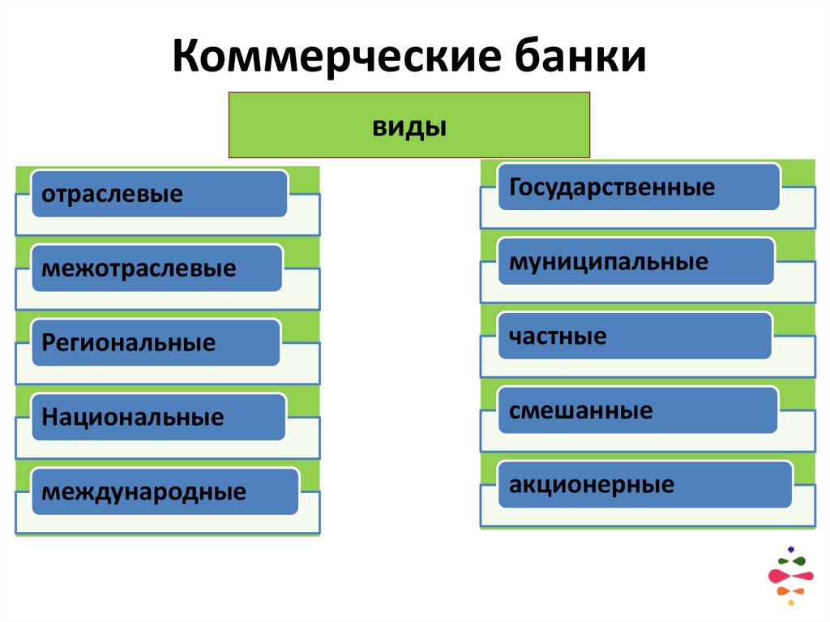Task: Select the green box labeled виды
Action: click(409, 124)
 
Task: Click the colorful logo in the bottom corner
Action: click(789, 577)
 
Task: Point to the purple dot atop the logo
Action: click(790, 549)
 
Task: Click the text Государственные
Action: click(612, 187)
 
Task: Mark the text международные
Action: click(143, 491)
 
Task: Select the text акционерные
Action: click(592, 485)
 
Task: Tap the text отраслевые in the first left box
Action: click(113, 194)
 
